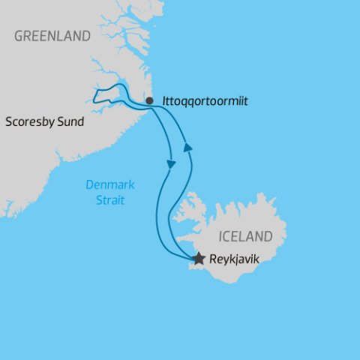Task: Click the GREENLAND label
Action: [x=52, y=36]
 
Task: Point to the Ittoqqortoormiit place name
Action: [x=204, y=100]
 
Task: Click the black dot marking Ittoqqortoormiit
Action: [x=149, y=100]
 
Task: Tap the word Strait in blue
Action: [x=105, y=200]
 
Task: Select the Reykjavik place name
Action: [x=234, y=259]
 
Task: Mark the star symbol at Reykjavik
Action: [x=198, y=259]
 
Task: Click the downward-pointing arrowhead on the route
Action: [x=172, y=163]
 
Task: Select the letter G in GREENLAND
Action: [x=19, y=36]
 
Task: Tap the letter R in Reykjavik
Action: [x=212, y=259]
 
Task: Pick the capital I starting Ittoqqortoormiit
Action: [x=164, y=100]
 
